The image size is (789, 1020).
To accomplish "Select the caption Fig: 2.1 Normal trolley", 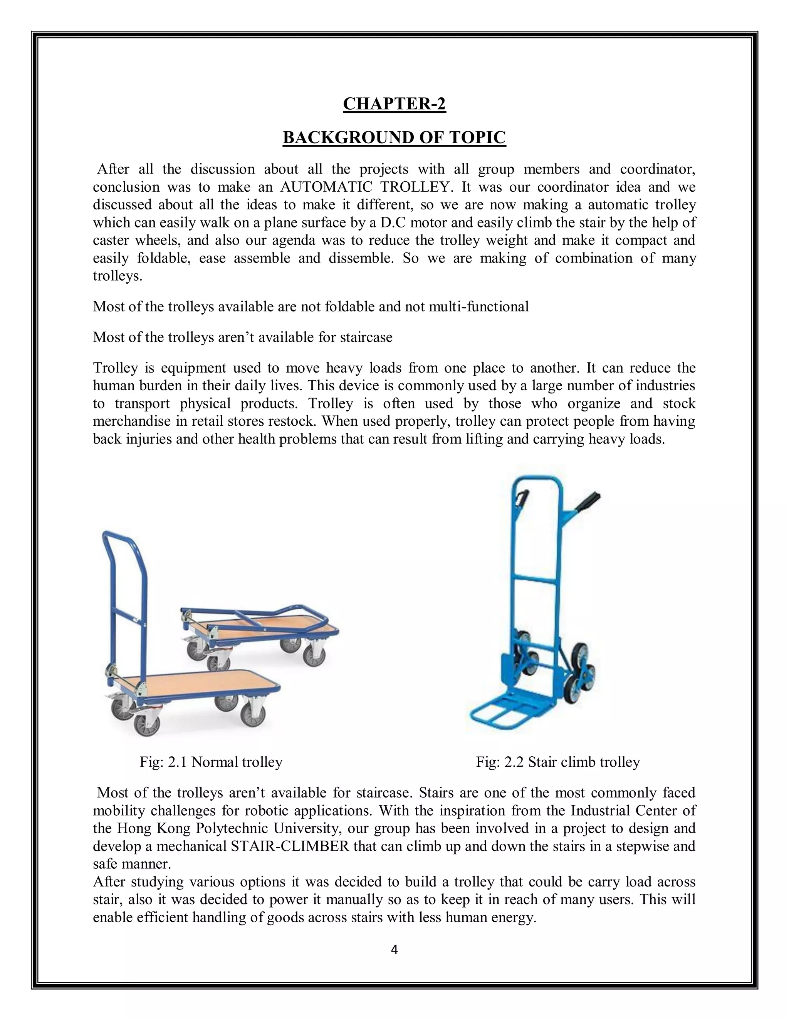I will click(211, 762).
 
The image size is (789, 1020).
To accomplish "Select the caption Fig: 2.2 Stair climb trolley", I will click(557, 762).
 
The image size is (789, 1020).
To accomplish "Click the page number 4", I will click(394, 950).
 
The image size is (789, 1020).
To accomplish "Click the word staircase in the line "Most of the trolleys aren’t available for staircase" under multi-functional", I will click(369, 337).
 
